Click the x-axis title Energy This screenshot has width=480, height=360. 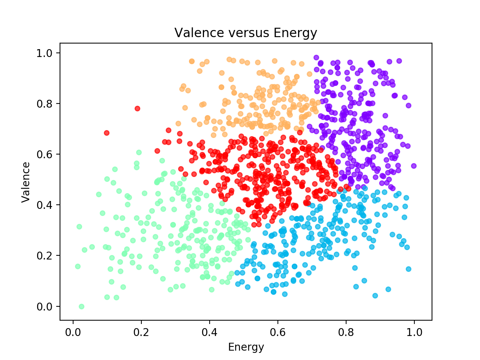coord(246,347)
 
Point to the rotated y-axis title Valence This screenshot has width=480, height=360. coord(26,182)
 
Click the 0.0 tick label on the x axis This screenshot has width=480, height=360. coord(73,332)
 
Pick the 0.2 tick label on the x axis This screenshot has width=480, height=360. coord(141,332)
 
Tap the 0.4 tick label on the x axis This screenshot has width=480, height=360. coord(210,332)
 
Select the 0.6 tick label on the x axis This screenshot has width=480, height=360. coord(278,332)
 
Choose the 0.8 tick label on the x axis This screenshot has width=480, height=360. coord(346,332)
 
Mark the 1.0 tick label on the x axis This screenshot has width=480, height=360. coord(414,332)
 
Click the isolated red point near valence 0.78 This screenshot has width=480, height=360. coord(137,108)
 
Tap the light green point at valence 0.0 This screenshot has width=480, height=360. coord(81,306)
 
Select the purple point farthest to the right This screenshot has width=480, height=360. coord(414,166)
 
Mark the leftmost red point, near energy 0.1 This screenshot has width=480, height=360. coord(106,133)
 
